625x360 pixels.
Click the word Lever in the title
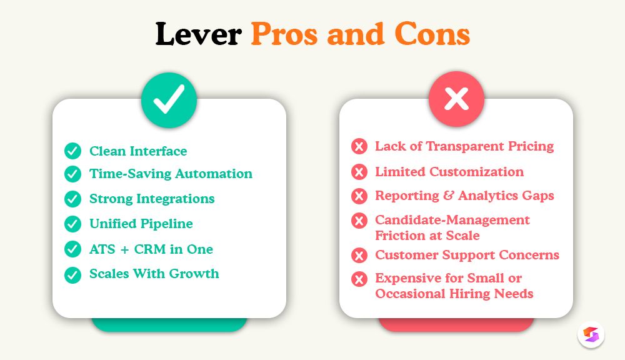point(198,34)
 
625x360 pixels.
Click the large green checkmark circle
point(169,100)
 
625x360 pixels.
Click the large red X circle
point(456,100)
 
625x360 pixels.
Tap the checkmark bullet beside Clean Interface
point(73,151)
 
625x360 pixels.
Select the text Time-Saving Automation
point(171,174)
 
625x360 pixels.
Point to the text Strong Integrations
point(152,199)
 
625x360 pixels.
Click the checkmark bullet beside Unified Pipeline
point(73,224)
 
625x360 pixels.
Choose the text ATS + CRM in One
point(151,249)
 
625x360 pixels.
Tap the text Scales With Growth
point(154,274)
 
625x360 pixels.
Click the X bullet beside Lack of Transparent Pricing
point(359,147)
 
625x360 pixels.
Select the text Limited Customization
point(449,172)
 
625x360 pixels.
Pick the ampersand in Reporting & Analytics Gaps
point(448,196)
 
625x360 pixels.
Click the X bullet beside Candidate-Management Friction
point(359,221)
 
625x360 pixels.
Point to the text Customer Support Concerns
point(467,255)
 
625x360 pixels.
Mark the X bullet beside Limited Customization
point(359,172)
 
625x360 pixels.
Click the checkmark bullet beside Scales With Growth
point(73,274)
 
